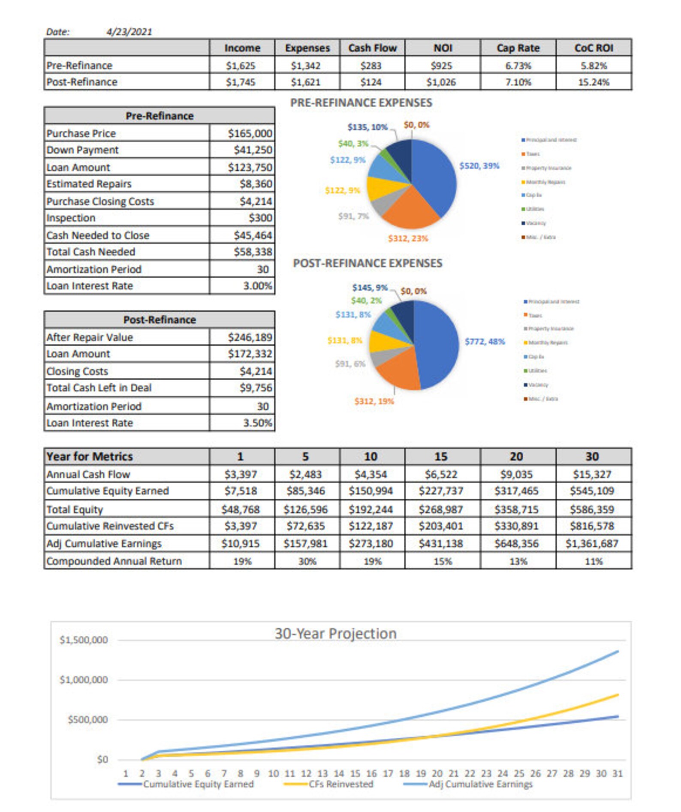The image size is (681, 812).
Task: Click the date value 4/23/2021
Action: click(129, 32)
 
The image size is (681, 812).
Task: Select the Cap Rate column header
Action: click(518, 48)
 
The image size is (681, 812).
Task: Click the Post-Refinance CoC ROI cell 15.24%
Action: click(593, 82)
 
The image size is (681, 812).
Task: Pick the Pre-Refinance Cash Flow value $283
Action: click(372, 66)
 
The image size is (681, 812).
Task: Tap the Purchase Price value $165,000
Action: click(250, 133)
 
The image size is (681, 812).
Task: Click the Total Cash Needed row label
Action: click(91, 252)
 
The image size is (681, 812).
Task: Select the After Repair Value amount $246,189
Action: click(250, 337)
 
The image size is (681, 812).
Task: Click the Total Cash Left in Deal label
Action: click(99, 388)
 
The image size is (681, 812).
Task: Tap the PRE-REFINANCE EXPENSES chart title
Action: click(361, 103)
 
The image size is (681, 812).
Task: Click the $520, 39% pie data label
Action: click(479, 165)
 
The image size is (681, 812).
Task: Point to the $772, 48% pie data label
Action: click(485, 341)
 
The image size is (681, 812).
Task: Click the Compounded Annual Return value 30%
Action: click(307, 561)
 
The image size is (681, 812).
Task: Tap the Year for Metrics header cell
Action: click(90, 456)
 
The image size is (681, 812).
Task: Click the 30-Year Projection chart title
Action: click(335, 633)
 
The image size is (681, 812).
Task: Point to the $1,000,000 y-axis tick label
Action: click(84, 679)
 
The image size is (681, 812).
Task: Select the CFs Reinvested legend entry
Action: click(340, 784)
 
